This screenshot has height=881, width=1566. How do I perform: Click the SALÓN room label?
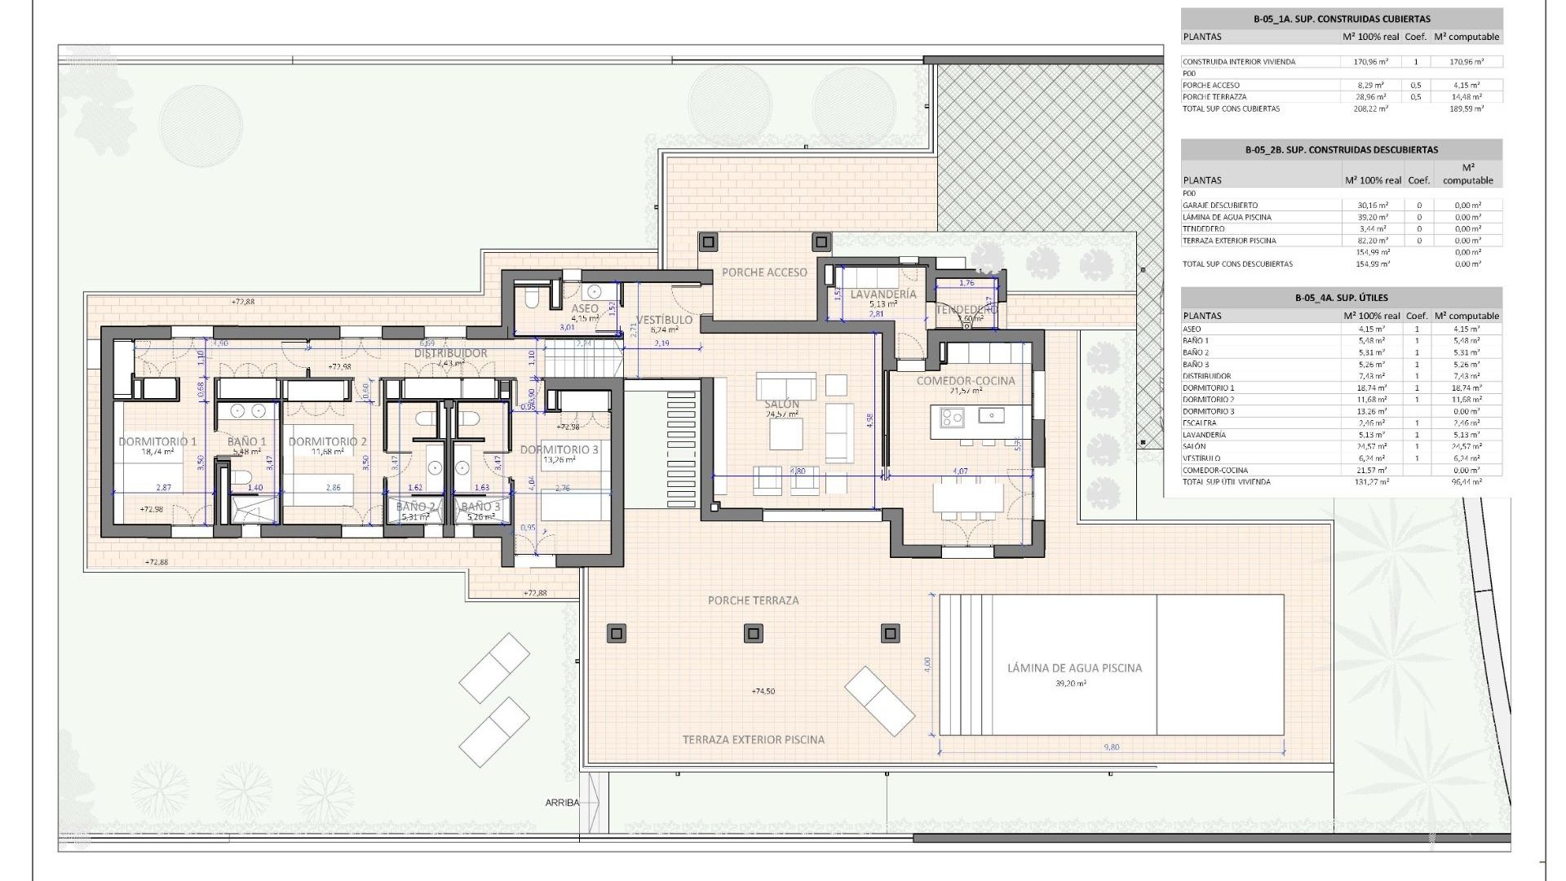782,405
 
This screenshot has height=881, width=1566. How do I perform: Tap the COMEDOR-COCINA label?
966,381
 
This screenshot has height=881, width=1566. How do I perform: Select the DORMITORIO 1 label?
157,441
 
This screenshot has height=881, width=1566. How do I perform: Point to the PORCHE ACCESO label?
764,272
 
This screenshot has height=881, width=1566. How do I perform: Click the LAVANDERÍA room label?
883,294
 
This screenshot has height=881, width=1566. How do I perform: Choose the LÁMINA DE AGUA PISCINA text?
1074,668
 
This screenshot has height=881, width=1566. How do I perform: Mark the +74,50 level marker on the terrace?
763,691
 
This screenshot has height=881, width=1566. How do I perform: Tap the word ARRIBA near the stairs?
562,803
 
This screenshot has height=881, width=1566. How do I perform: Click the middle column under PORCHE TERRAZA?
754,633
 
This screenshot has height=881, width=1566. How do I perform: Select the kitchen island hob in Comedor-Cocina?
952,418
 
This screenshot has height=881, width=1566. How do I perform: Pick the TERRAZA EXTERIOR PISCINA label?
753,740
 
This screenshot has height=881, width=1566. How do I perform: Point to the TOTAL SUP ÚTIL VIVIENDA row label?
1226,482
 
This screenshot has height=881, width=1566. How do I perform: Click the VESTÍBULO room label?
664,320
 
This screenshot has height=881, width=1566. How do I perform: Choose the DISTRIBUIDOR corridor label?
450,353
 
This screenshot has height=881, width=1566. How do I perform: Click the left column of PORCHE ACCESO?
708,241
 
